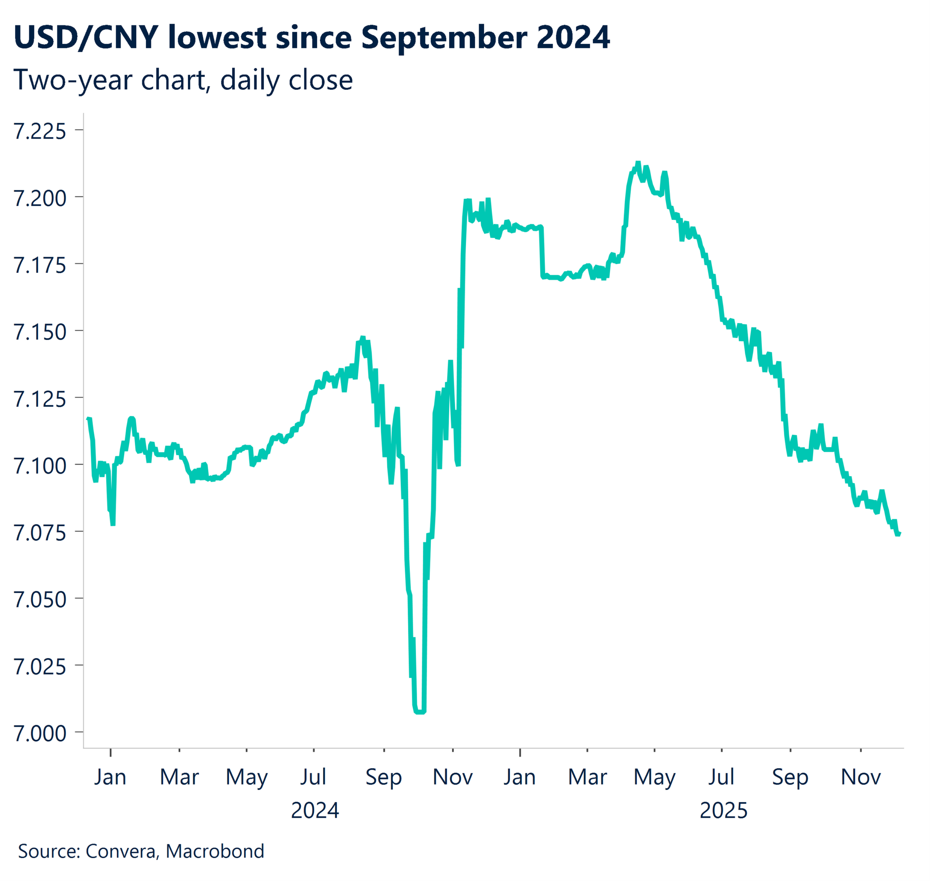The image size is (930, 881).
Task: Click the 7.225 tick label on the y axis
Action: click(40, 131)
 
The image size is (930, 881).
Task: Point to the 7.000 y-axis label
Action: click(40, 734)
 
